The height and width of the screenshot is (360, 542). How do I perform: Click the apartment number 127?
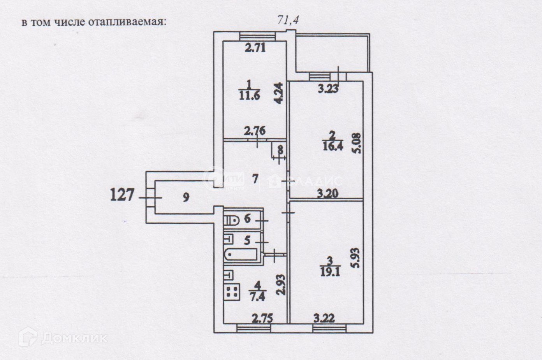click(x=123, y=194)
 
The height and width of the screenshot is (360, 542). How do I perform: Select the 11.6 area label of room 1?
click(x=250, y=95)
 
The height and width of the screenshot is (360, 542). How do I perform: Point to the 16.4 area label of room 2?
click(x=332, y=147)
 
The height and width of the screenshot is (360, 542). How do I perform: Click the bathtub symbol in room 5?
click(x=241, y=255)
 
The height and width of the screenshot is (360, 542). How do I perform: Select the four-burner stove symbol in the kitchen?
click(x=232, y=292)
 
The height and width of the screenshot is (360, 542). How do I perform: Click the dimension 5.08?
click(x=358, y=143)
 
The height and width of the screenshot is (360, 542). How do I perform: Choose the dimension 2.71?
click(x=255, y=48)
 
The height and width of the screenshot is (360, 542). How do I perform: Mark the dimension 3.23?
click(x=328, y=89)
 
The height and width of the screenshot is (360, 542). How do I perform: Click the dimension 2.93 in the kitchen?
click(x=282, y=285)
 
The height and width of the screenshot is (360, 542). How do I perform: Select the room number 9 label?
click(x=186, y=197)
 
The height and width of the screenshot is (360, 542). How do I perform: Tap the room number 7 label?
click(x=255, y=179)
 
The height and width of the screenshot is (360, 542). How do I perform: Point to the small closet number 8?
click(x=280, y=149)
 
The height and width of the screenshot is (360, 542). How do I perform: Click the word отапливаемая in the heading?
click(x=127, y=22)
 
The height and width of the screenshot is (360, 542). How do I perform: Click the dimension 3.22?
click(x=324, y=318)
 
